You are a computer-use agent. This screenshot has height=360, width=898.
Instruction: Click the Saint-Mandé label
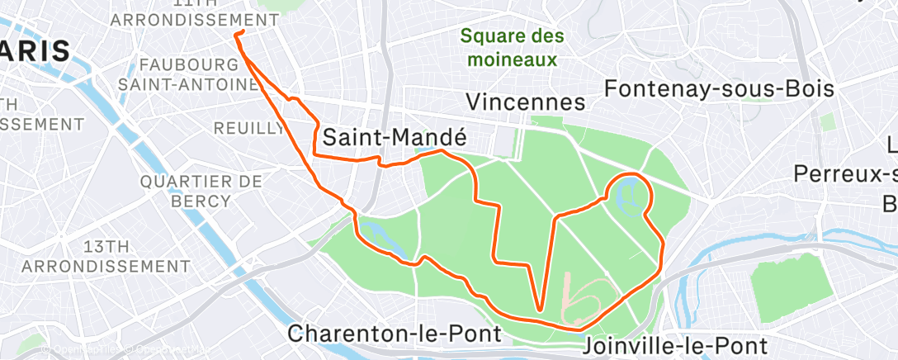coord(395,138)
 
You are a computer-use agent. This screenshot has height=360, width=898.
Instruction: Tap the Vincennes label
coord(525,102)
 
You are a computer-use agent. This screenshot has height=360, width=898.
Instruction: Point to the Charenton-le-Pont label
coord(395,334)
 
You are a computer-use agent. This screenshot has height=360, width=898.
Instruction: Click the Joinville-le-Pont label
coord(675,344)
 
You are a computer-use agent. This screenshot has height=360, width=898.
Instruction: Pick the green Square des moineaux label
coord(513,48)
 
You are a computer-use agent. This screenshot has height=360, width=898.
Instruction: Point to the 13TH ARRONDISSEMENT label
coord(106,256)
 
